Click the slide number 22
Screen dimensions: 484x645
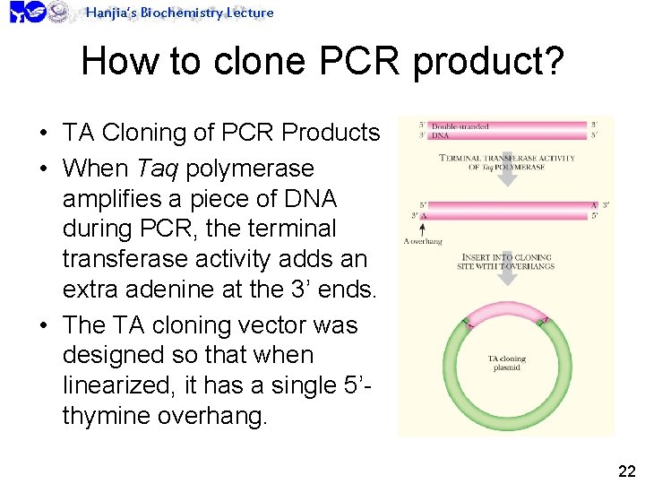(626, 471)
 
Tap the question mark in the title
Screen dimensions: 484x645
(554, 61)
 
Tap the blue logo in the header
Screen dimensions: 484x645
(28, 13)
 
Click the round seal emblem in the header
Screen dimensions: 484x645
(59, 12)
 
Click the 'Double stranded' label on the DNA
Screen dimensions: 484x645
(460, 127)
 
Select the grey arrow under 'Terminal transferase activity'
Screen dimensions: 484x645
(507, 177)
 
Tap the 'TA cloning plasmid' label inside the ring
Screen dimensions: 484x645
(507, 363)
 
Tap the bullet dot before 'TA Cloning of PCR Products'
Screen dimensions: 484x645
(43, 134)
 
